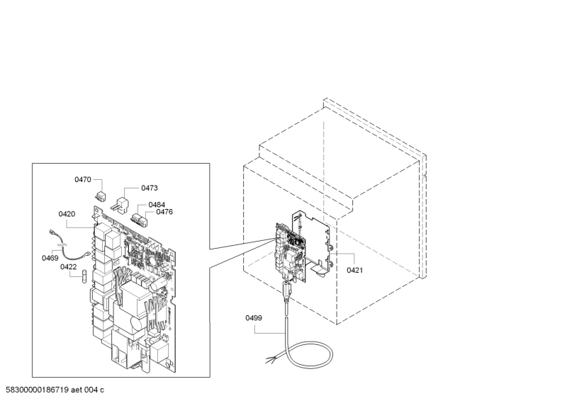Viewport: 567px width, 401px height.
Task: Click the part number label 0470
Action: pos(83,180)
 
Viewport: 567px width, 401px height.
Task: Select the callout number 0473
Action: pos(149,188)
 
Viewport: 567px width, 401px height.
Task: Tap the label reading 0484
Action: pos(157,205)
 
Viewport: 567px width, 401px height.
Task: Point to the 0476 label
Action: pos(164,212)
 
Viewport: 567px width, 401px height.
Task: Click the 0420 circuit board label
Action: pos(67,213)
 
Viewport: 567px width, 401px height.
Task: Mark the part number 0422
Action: pos(68,267)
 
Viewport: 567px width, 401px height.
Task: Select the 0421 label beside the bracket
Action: pos(354,270)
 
